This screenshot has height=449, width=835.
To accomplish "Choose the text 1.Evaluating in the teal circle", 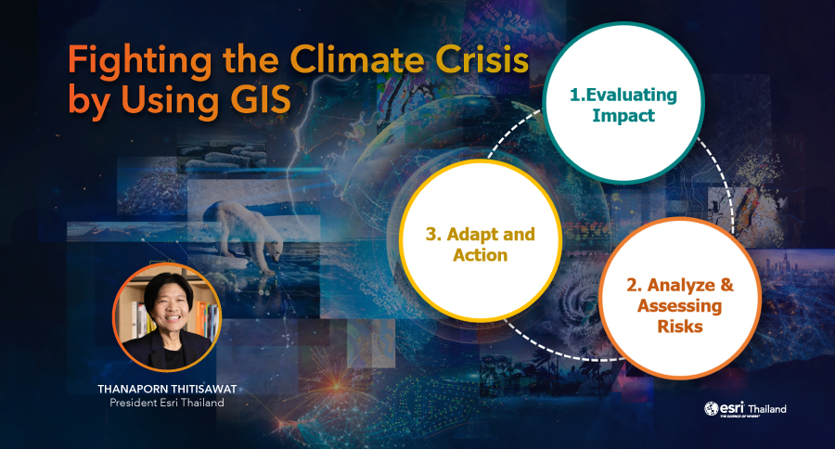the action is tap(623, 96).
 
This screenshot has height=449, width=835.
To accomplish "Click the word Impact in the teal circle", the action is tap(623, 116).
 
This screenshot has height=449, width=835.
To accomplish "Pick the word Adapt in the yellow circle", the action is tap(469, 235).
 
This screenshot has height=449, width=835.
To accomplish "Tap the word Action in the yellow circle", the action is tap(480, 255).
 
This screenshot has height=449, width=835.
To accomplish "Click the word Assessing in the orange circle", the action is tap(679, 306).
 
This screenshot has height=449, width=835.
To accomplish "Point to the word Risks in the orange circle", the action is tap(679, 326).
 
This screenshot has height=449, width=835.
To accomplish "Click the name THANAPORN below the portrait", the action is tap(133, 390).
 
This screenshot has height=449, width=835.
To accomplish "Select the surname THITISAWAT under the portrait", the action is tap(204, 390).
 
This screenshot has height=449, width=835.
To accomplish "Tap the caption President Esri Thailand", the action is tap(167, 403).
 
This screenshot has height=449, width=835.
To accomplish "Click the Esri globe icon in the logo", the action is tap(711, 408).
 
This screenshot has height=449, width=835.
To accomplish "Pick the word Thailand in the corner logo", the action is tap(767, 409).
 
